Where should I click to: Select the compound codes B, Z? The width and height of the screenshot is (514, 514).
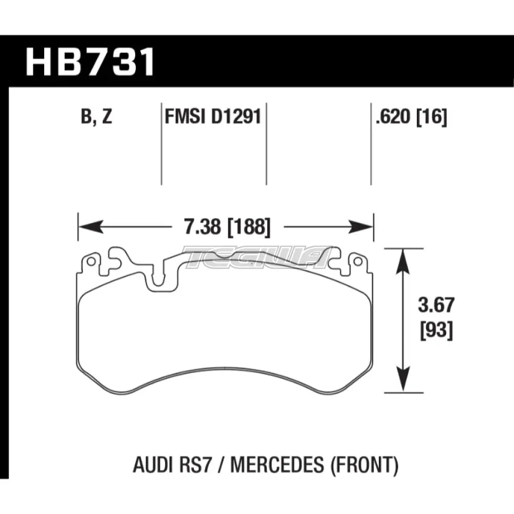[x=95, y=118]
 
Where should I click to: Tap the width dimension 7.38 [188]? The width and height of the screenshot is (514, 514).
[x=227, y=226]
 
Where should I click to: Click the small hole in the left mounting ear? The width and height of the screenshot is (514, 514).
[x=91, y=262]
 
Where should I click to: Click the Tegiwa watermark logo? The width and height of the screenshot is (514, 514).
[x=257, y=255]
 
